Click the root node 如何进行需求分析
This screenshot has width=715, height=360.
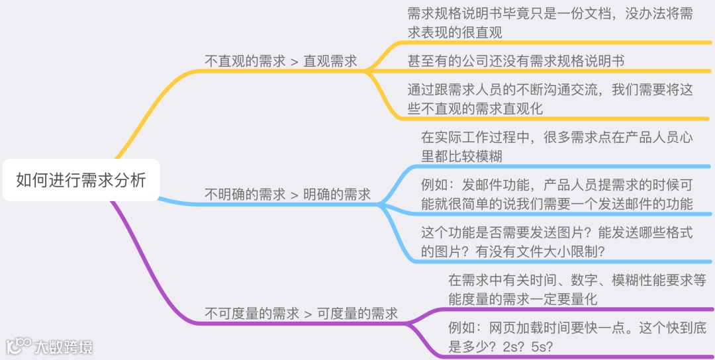click(x=81, y=180)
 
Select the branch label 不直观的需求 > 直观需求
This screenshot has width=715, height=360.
click(x=281, y=62)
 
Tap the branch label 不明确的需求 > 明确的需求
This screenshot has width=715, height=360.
click(x=287, y=195)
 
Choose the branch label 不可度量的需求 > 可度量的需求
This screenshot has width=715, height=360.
click(x=301, y=314)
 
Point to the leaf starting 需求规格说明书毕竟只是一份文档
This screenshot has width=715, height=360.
click(x=550, y=23)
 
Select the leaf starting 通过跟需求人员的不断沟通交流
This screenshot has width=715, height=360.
click(x=550, y=99)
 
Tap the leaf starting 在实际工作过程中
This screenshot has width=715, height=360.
click(x=557, y=148)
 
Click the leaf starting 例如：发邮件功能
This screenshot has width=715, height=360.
click(x=557, y=195)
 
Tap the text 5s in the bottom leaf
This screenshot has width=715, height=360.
click(x=542, y=346)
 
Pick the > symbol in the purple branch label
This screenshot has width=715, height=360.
click(x=308, y=314)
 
